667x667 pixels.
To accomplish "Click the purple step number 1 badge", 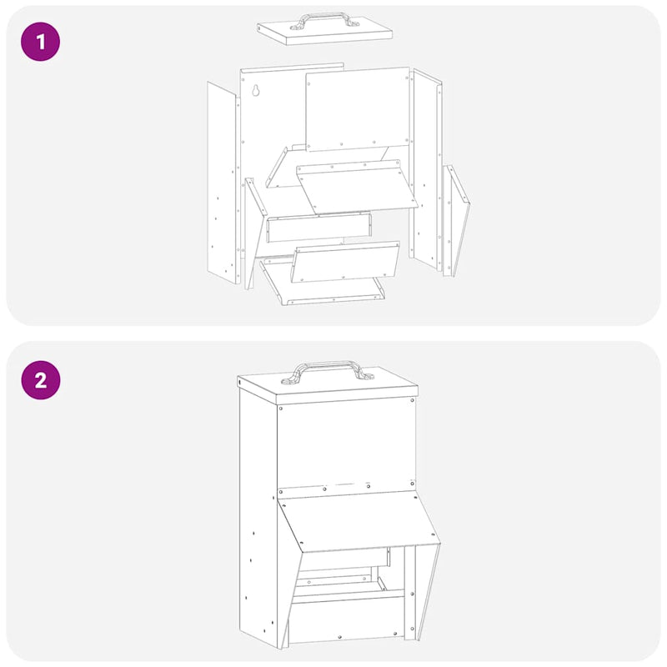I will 40,40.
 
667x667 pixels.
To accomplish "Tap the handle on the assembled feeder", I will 327,368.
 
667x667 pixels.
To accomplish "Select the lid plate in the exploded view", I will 325,33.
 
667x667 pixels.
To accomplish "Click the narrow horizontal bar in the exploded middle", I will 318,228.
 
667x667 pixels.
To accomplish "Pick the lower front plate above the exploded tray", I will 344,262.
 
